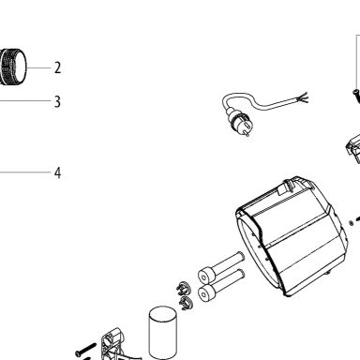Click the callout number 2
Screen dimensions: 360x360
coord(57,67)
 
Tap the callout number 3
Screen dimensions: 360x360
coord(57,102)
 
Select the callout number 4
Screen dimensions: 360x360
coord(57,172)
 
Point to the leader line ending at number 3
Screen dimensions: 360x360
coord(25,101)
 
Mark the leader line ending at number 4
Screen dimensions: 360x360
coord(25,172)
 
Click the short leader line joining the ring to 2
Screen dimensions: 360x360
coord(38,67)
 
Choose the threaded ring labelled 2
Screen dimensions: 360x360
coord(13,67)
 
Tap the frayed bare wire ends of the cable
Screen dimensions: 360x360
coord(303,97)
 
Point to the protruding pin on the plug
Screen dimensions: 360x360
coord(247,134)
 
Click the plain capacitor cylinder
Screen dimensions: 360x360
coord(162,333)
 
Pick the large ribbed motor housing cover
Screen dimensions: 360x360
coord(292,236)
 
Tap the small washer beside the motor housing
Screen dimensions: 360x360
coord(352,223)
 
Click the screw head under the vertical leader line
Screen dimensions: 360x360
coord(355,92)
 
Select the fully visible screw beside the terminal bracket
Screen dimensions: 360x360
coord(85,350)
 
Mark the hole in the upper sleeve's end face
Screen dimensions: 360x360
coord(204,277)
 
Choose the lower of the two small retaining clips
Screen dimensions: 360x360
coord(187,303)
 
